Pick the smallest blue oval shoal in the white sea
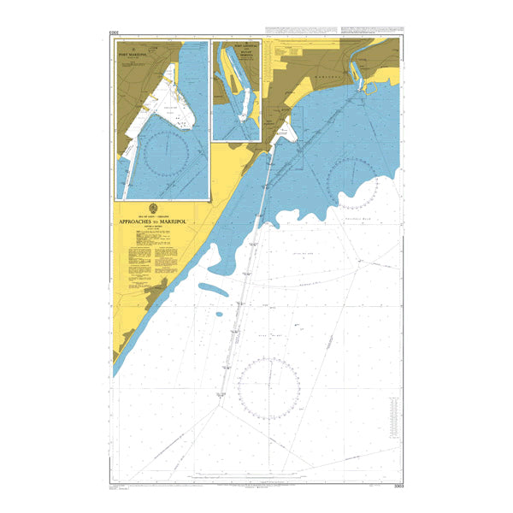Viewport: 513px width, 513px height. pyautogui.click(x=219, y=314)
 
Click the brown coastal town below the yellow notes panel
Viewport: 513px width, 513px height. pyautogui.click(x=156, y=296)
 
